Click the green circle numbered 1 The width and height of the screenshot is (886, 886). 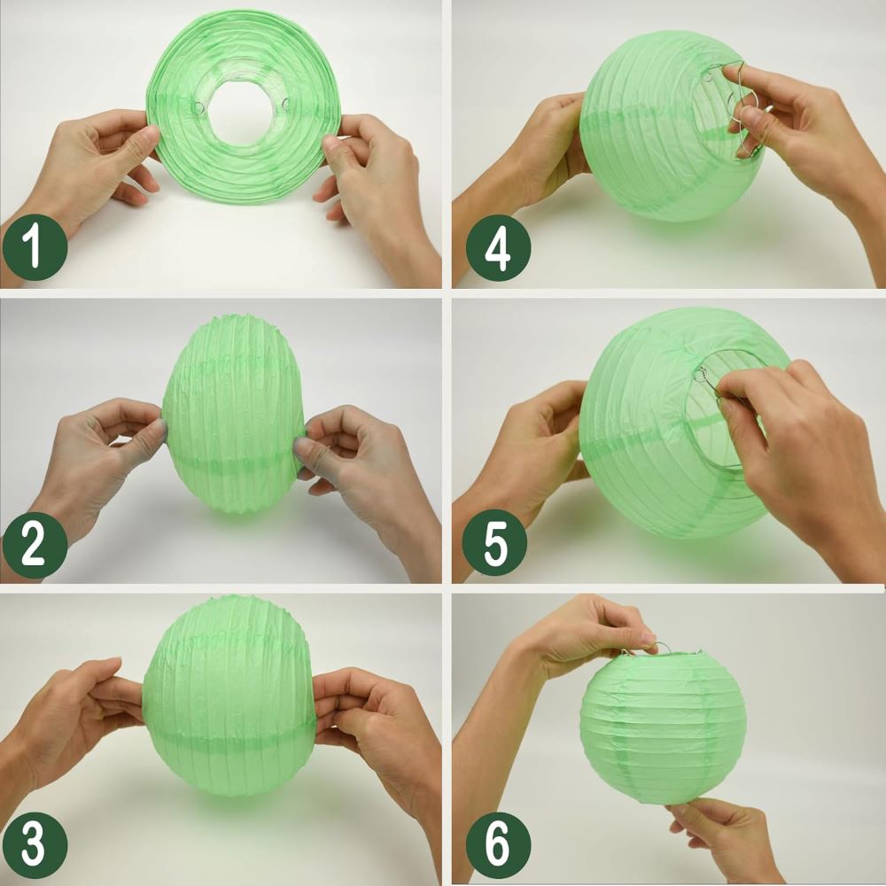[35, 247]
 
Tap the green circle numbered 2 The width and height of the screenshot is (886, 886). [35, 545]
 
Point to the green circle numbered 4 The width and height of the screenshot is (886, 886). [498, 247]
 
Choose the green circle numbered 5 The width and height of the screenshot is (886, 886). [495, 543]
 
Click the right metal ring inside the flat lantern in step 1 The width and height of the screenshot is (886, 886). [285, 104]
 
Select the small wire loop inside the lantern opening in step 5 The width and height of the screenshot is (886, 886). [701, 374]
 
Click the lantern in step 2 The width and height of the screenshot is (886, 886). [234, 414]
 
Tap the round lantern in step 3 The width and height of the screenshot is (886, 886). [229, 696]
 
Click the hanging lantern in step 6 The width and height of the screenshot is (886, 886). [664, 727]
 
